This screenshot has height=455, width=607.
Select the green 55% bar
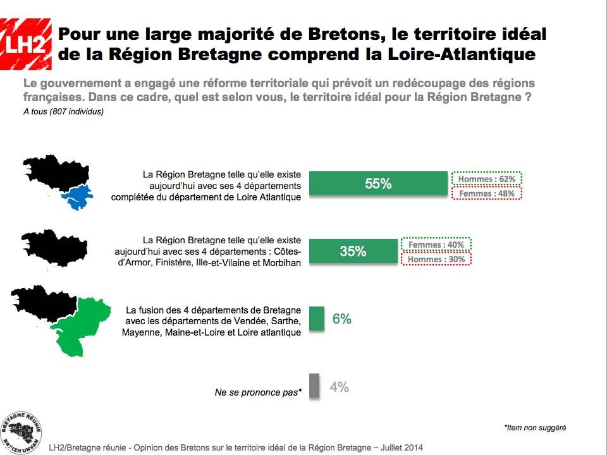(x=378, y=184)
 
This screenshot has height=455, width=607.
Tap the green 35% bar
(x=353, y=251)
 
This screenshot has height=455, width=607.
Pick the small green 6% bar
(x=317, y=319)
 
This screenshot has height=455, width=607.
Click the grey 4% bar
(x=315, y=387)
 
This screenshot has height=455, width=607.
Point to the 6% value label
(x=341, y=319)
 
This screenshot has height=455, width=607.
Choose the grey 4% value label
(x=340, y=387)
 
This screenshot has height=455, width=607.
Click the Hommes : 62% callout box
(x=487, y=179)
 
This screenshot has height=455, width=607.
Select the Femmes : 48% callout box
(x=487, y=193)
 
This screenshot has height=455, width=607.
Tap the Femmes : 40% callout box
(x=436, y=245)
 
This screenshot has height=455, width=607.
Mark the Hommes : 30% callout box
(x=436, y=259)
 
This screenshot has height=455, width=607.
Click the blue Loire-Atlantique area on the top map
(x=77, y=197)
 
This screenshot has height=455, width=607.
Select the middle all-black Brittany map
(x=54, y=248)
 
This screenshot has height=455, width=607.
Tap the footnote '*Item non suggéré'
(x=535, y=428)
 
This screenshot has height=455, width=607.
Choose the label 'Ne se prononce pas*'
(x=258, y=392)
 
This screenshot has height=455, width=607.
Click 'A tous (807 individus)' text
(x=63, y=112)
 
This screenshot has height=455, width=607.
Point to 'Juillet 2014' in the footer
(x=402, y=447)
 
